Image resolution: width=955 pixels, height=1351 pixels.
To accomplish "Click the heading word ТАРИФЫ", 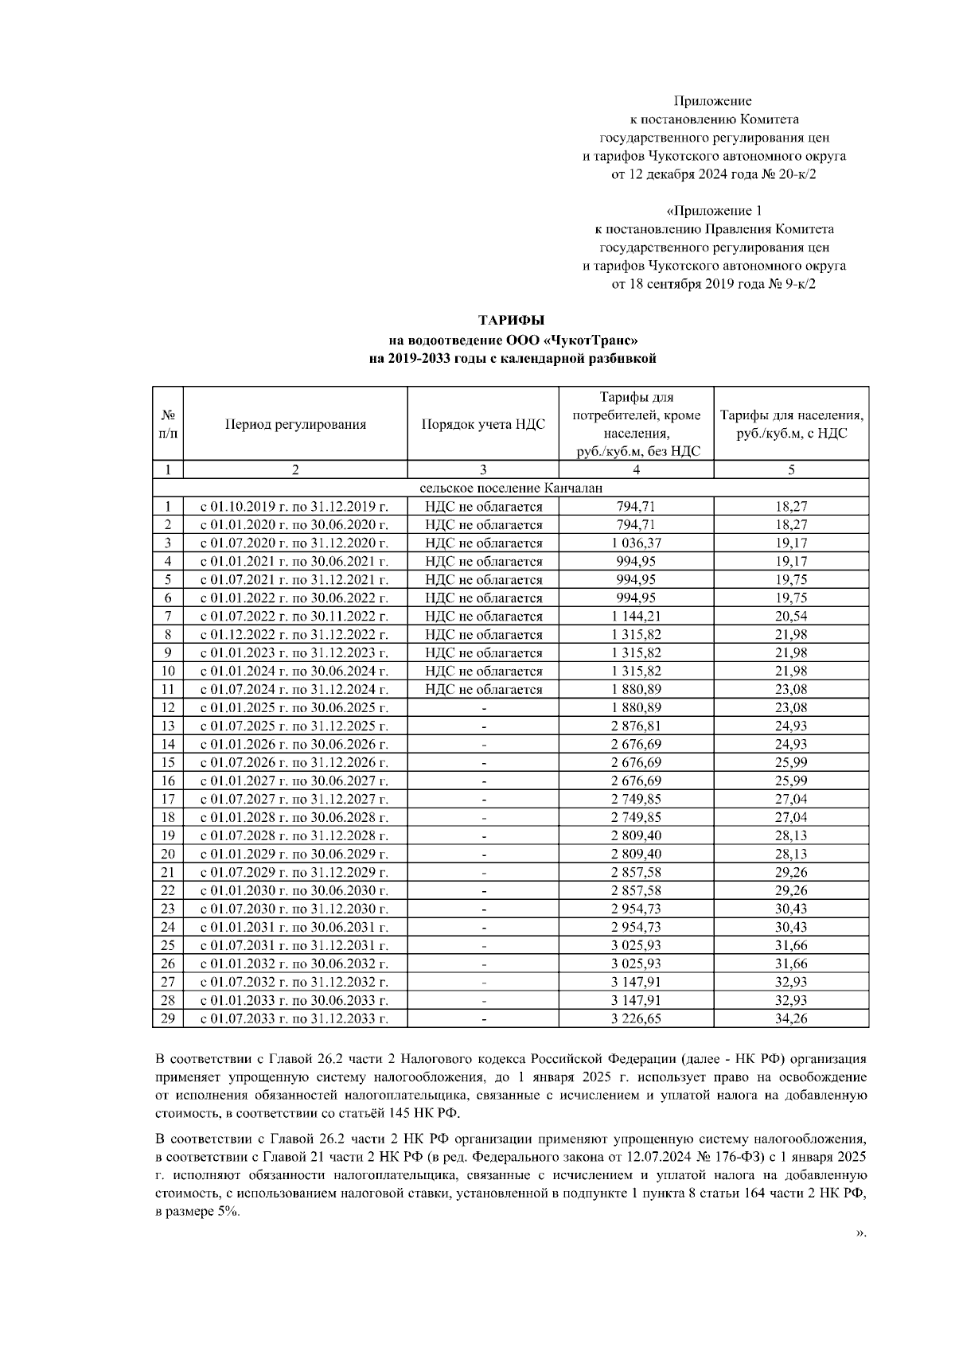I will pos(511,320).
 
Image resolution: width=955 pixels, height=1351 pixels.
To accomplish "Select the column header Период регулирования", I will pos(295,424).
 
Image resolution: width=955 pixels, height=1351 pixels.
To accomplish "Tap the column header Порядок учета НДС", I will pos(483,424).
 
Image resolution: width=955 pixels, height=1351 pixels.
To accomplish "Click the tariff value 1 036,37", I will pos(636,543).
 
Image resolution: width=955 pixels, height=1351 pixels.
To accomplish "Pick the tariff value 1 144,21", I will pos(636,617).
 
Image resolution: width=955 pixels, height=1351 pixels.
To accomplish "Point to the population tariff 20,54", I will pos(791,617).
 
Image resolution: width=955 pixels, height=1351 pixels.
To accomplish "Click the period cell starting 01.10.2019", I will pos(294,507).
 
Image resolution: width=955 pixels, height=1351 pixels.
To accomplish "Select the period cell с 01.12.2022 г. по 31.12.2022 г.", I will pos(294,635).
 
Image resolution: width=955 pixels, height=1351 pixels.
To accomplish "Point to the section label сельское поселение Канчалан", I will pos(511,488).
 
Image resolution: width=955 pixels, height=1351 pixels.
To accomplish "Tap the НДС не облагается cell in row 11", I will pos(483,690).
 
